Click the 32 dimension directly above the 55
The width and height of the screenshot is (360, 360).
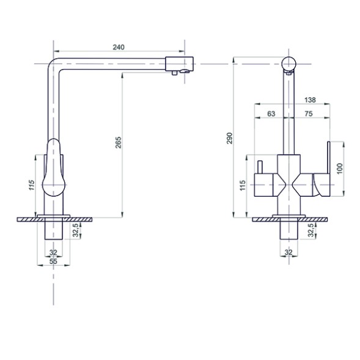[x=53, y=252]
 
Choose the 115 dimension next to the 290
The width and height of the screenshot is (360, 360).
[x=243, y=185]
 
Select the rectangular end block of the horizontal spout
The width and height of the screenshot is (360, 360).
[x=180, y=63]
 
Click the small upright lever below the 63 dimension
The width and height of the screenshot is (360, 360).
[x=260, y=167]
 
